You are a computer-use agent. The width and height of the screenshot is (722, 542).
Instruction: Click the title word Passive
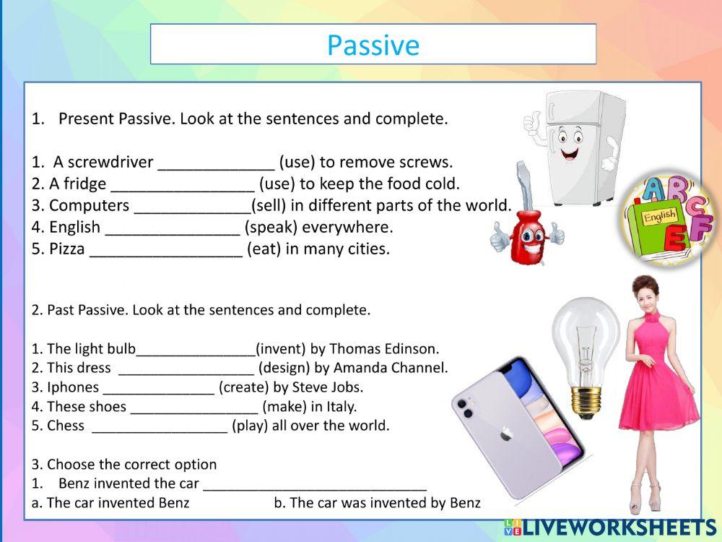tap(373, 45)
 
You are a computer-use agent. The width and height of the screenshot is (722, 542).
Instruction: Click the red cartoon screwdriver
tap(526, 224)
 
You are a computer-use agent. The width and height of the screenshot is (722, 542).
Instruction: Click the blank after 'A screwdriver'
tap(215, 162)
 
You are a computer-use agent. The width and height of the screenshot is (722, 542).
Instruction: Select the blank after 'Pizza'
tap(165, 249)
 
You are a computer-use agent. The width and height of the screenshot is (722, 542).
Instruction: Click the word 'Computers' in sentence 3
tap(89, 205)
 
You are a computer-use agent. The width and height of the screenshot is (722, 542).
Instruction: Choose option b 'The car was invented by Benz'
tap(377, 503)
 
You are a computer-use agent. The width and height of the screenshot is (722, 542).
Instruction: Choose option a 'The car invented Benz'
tap(110, 503)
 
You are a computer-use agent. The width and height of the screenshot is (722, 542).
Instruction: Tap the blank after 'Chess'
tap(160, 426)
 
